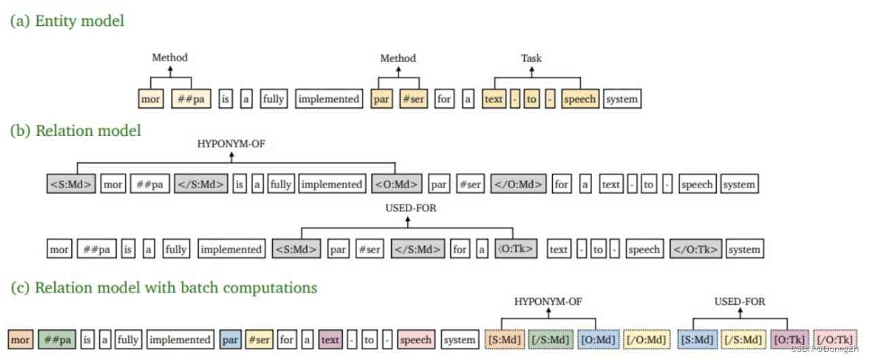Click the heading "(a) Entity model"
67,21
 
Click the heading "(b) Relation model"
75,130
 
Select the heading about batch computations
164,287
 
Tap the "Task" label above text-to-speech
531,58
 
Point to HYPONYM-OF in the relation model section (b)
231,143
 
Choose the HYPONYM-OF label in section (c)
548,301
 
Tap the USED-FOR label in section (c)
739,301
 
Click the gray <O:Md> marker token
396,184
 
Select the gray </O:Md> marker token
518,184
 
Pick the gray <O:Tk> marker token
516,249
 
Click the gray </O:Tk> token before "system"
696,249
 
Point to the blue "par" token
230,340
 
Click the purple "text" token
330,340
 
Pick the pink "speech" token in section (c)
415,340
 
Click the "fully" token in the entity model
273,99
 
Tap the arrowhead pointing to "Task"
531,69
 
